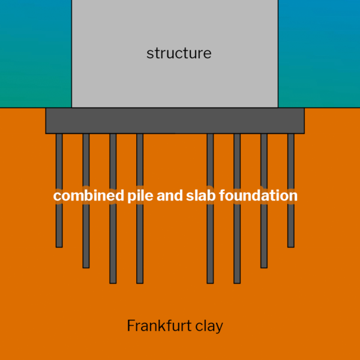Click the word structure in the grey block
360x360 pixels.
point(179,53)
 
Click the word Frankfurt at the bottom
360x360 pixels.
point(158,326)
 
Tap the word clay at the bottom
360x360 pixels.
point(208,326)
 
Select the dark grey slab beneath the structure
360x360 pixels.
point(175,121)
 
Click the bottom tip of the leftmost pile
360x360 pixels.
point(59,245)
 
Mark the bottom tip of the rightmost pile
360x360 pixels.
point(290,245)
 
